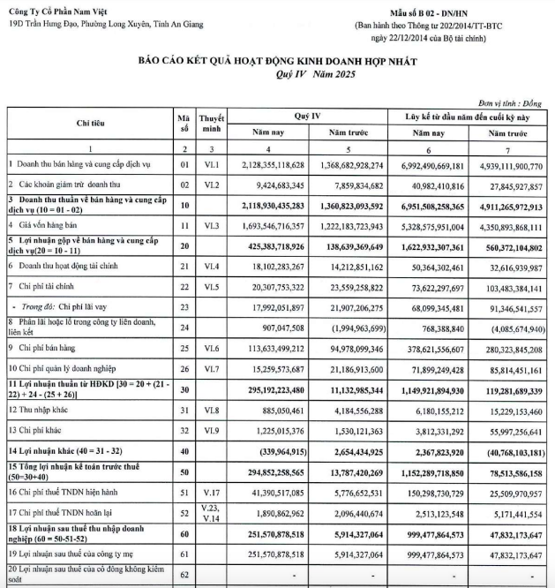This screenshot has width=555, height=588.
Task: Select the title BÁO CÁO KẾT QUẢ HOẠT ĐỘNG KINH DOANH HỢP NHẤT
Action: tap(276, 64)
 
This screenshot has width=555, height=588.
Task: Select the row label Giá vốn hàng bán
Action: tap(44, 227)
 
